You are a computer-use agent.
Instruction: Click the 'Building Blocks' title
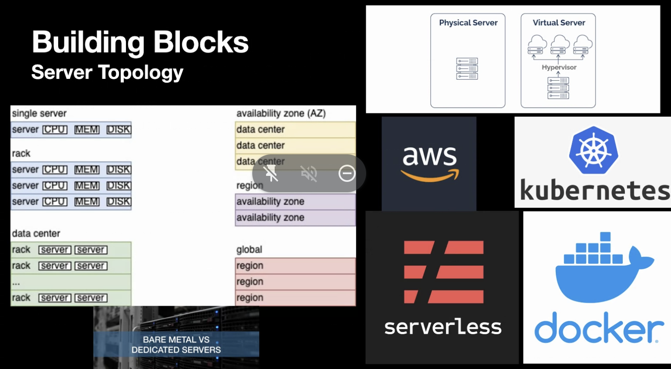pos(140,42)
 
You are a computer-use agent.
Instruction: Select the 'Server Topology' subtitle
pos(107,72)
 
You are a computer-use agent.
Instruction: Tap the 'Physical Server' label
pos(468,23)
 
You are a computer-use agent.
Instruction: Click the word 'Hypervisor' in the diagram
pos(559,67)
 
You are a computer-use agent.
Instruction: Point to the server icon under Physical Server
pos(467,69)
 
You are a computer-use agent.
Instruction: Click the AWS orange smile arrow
pos(430,176)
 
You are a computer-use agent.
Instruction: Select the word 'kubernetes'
pos(594,191)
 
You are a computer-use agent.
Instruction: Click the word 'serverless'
pos(443,327)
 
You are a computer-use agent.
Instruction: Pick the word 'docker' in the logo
pos(599,328)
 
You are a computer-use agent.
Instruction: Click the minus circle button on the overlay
pos(347,173)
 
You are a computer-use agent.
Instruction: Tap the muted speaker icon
pos(309,173)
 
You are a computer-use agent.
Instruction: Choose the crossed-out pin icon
pos(271,173)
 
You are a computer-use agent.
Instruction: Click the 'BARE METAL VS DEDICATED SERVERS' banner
pos(176,344)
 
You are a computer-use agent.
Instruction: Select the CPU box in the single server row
pos(55,130)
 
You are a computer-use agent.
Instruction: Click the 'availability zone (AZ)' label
pos(281,113)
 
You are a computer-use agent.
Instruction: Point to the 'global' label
pos(249,250)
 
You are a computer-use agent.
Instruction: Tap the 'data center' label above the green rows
pos(36,234)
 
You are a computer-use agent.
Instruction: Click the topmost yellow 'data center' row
pos(295,129)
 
